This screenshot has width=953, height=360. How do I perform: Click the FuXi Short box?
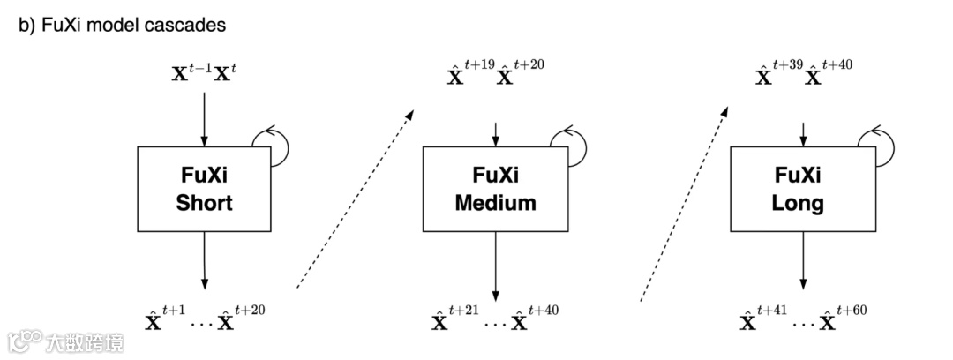pyautogui.click(x=204, y=189)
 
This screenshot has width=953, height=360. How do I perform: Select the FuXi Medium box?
pyautogui.click(x=495, y=189)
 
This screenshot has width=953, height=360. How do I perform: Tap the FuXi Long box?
pyautogui.click(x=802, y=189)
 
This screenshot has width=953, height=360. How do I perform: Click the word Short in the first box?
pyautogui.click(x=204, y=203)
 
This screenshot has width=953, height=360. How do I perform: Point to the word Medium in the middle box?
pyautogui.click(x=495, y=203)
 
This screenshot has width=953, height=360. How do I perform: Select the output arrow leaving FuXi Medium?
pyautogui.click(x=495, y=265)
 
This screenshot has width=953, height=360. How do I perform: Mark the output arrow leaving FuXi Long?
pyautogui.click(x=802, y=260)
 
